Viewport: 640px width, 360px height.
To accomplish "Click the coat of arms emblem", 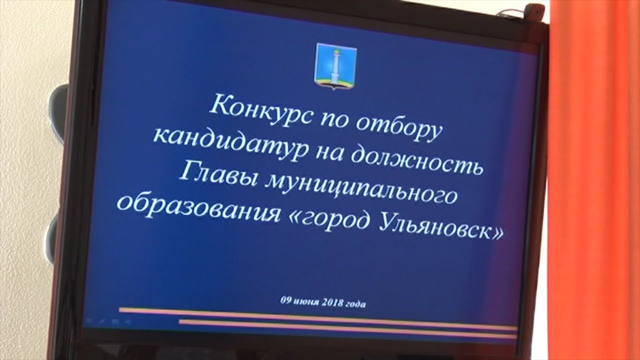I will pos(335,65).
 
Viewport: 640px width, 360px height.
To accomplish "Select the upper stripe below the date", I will pos(315,316).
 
